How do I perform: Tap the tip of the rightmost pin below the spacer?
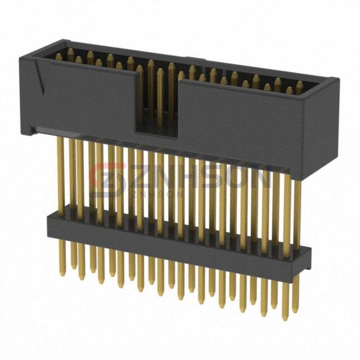tap(295, 317)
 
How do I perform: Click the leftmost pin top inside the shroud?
tap(58, 55)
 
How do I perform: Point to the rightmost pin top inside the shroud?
tap(300, 84)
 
